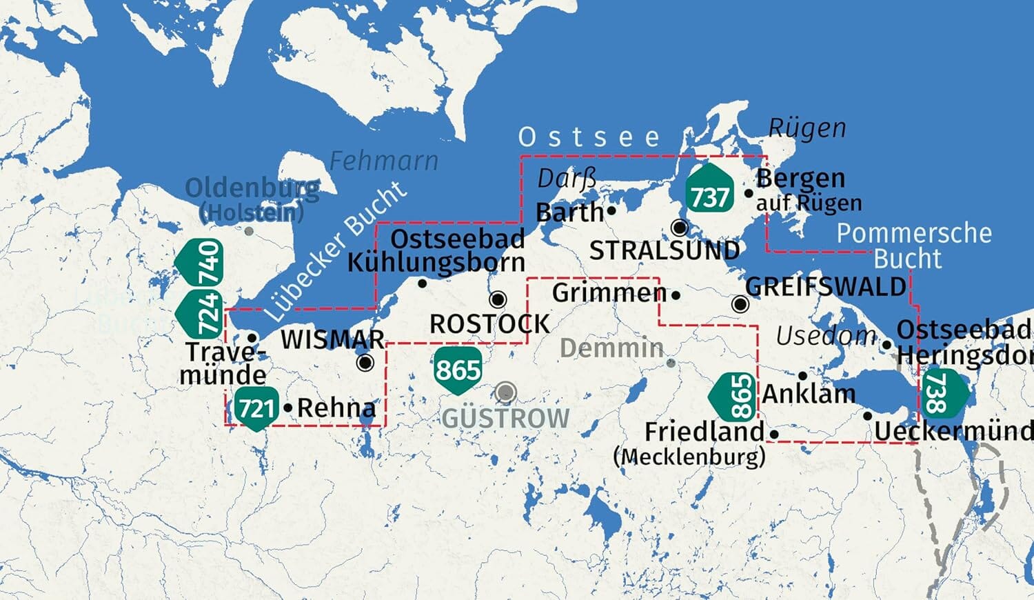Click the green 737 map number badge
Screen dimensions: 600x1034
pyautogui.click(x=709, y=196)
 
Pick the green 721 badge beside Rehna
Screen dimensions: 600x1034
pyautogui.click(x=256, y=408)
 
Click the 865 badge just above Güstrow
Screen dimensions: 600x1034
pyautogui.click(x=458, y=370)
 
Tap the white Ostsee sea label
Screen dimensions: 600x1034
pyautogui.click(x=589, y=137)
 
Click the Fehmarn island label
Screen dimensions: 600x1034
pyautogui.click(x=383, y=161)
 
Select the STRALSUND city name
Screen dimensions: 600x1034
pyautogui.click(x=664, y=251)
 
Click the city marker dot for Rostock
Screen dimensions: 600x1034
pyautogui.click(x=498, y=299)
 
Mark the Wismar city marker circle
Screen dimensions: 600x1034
pyautogui.click(x=365, y=362)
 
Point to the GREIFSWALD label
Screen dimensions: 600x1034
pyautogui.click(x=825, y=286)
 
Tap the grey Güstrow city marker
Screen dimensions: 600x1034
pyautogui.click(x=505, y=392)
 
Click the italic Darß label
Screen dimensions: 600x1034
pyautogui.click(x=566, y=179)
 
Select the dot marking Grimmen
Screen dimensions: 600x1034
pyautogui.click(x=676, y=296)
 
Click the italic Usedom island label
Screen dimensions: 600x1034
pyautogui.click(x=826, y=336)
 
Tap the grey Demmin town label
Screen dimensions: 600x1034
pyautogui.click(x=611, y=348)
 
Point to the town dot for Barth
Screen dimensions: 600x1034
pyautogui.click(x=611, y=211)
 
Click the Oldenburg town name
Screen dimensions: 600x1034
pyautogui.click(x=252, y=188)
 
